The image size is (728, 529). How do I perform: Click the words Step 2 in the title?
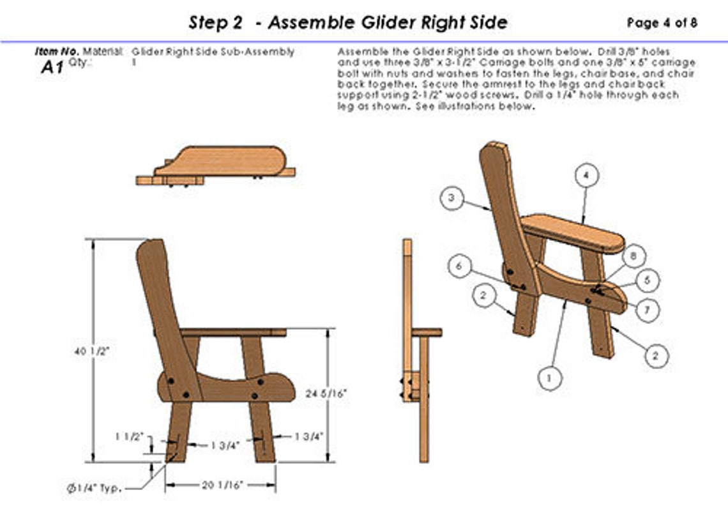pos(215,23)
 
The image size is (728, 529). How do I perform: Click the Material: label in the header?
pos(103,51)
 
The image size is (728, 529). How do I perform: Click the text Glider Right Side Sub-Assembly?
pos(213,52)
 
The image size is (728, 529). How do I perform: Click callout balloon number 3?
pos(452,199)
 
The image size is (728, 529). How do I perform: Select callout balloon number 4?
pos(586,175)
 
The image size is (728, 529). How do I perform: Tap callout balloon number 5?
pos(648,280)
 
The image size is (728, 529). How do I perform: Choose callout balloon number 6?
pos(460,266)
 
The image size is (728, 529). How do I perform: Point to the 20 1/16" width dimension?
pos(221,486)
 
